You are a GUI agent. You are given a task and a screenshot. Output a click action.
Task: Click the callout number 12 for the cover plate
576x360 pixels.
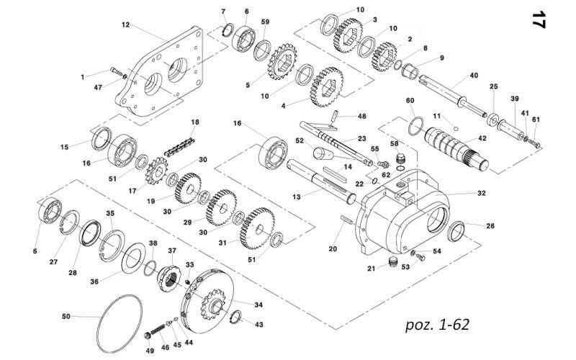[125, 24]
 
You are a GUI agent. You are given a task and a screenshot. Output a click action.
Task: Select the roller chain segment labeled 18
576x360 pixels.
[179, 147]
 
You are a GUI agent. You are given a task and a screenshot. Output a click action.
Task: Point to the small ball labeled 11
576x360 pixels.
[456, 129]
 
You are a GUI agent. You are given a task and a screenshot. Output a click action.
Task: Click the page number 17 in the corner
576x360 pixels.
[539, 19]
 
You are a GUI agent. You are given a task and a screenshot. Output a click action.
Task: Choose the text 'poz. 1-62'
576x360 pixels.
[437, 325]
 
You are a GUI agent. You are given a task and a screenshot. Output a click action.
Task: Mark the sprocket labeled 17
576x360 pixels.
[157, 171]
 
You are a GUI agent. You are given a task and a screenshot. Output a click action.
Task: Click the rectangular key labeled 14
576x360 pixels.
[335, 174]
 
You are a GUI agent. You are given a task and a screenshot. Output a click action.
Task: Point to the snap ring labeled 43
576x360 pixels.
[236, 317]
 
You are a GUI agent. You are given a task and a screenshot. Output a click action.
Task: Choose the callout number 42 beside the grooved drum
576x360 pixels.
[482, 138]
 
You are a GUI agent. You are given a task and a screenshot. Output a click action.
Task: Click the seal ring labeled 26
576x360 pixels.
[456, 231]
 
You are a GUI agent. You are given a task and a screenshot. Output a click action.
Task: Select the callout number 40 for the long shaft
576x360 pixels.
[474, 76]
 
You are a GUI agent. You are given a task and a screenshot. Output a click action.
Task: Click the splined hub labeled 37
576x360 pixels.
[169, 278]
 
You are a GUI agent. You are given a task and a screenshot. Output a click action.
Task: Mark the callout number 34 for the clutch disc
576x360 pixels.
[258, 305]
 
